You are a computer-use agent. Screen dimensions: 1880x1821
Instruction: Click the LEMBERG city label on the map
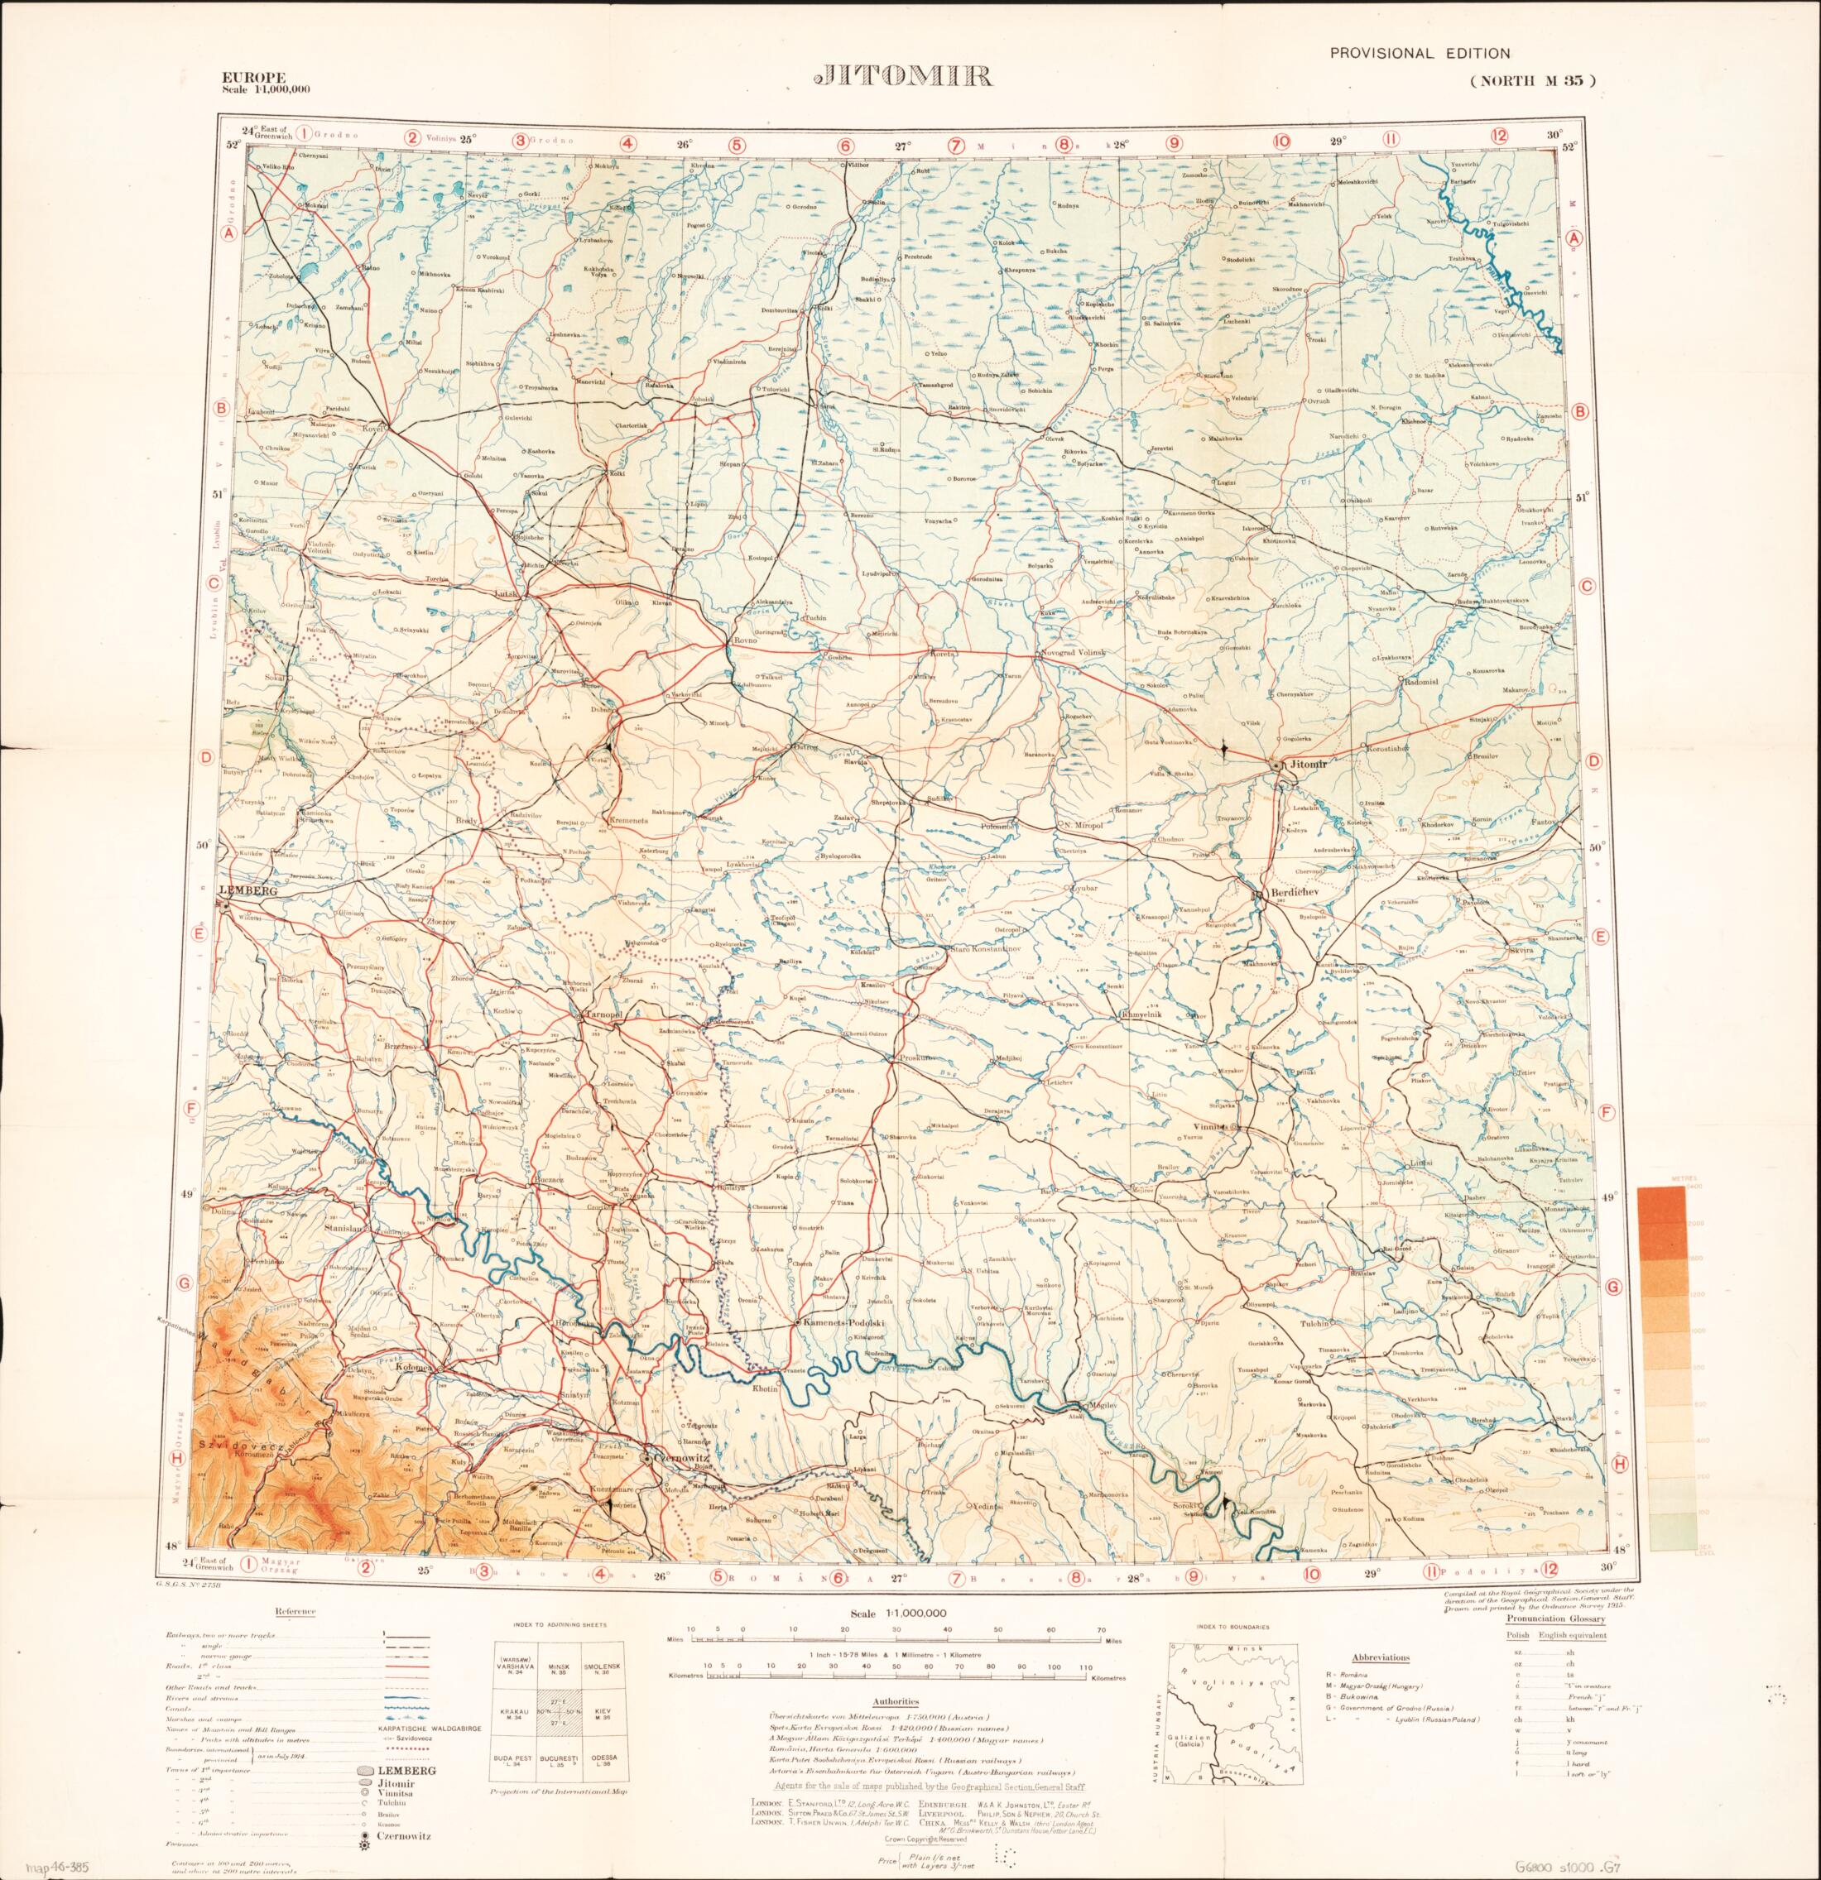(248, 890)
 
